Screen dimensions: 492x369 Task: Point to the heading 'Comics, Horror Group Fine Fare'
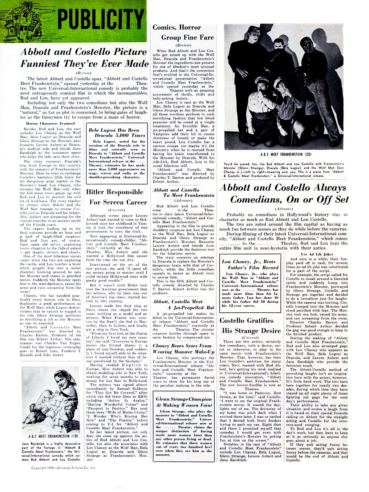[183, 32]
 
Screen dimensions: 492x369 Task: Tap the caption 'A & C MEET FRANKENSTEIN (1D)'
[51, 436]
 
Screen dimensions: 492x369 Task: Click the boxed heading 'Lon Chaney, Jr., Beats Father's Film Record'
[250, 264]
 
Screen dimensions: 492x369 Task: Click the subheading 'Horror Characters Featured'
[50, 123]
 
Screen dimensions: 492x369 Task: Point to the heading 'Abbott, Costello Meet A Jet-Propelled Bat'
[183, 305]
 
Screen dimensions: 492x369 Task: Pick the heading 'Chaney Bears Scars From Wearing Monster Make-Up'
[183, 349]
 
